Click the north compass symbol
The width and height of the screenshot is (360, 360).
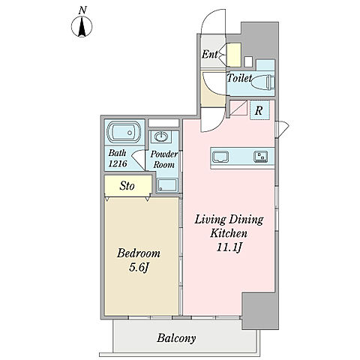point(82,26)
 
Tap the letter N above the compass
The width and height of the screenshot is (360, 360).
point(82,10)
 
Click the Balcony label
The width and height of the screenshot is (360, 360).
point(176,338)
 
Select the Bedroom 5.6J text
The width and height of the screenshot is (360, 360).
point(139,260)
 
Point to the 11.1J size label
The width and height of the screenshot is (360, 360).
point(229,247)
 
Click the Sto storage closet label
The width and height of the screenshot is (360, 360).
point(127,186)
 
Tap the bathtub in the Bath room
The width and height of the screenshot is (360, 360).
point(124,132)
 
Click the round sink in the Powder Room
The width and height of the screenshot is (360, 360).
point(160,136)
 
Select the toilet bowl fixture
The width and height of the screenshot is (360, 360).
point(262,82)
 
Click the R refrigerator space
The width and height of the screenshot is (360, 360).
point(259,110)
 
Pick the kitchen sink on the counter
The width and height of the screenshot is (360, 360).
point(220,157)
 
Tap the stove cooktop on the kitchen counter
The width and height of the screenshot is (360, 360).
point(261,157)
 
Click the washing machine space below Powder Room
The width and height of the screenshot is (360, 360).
point(167,185)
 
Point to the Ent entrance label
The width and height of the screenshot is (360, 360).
point(209,54)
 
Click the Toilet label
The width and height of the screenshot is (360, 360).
point(239,78)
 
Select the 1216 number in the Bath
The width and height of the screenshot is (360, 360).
point(118,163)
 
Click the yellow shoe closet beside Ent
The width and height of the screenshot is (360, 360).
point(234,55)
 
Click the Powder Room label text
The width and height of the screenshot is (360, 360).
point(164,159)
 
